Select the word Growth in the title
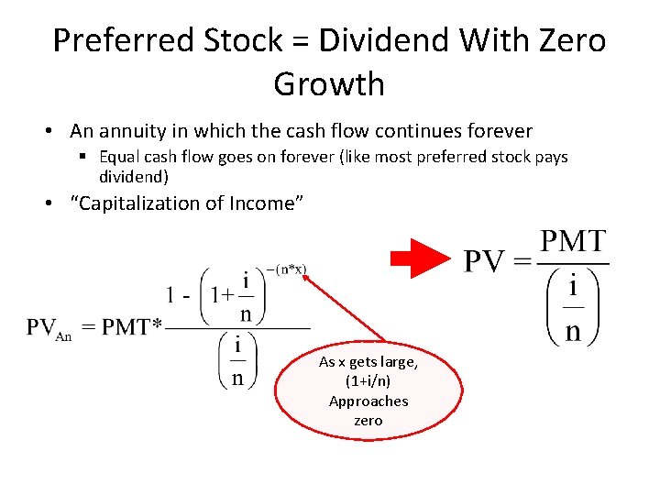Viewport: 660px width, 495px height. click(329, 84)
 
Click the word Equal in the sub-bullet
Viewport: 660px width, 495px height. click(117, 157)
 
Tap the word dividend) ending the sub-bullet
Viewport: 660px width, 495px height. click(133, 175)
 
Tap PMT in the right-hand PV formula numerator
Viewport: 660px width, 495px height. click(573, 243)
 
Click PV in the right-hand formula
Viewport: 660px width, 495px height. click(486, 263)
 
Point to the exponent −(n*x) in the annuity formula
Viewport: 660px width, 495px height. click(287, 269)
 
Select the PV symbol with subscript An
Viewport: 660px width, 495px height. click(48, 329)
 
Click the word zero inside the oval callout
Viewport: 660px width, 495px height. click(368, 421)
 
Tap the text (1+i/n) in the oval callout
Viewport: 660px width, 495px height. click(368, 381)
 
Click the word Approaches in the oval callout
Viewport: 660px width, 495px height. click(368, 401)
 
